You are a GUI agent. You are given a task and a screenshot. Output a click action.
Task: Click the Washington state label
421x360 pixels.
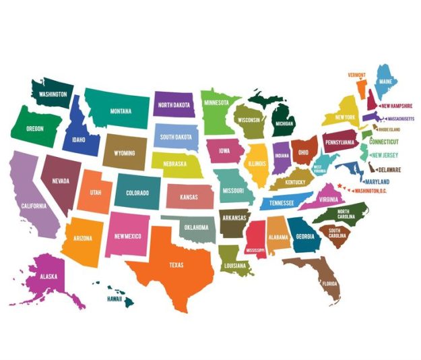[x=53, y=95]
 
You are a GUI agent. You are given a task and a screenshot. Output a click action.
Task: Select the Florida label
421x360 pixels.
[x=329, y=284]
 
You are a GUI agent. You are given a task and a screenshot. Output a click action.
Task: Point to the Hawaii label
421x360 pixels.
[x=117, y=297]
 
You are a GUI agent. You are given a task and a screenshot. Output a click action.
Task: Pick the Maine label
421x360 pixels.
[x=386, y=82]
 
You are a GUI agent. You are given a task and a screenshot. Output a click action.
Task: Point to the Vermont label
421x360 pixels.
[x=356, y=74]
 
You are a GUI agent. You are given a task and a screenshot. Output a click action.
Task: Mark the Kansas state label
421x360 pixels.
[x=189, y=197]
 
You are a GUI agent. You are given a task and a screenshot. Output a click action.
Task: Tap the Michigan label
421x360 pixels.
[x=284, y=124]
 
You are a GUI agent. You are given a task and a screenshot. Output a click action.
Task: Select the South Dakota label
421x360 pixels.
[x=176, y=137]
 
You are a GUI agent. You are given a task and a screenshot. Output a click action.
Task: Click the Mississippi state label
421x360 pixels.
[x=255, y=250]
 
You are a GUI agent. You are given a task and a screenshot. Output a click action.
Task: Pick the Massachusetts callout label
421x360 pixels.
[x=397, y=118]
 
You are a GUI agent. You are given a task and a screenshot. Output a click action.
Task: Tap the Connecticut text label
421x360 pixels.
[x=384, y=142]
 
